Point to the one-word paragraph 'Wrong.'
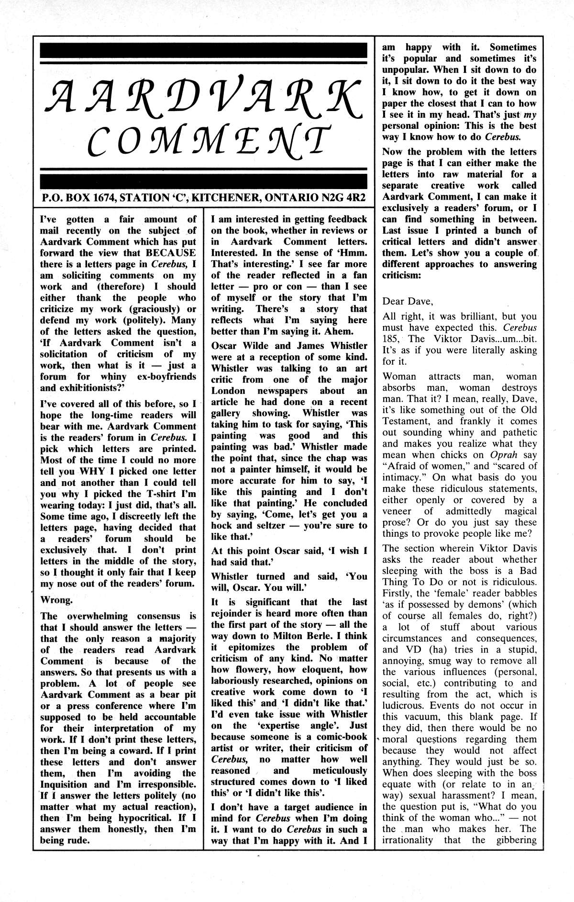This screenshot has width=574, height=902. point(56,599)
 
